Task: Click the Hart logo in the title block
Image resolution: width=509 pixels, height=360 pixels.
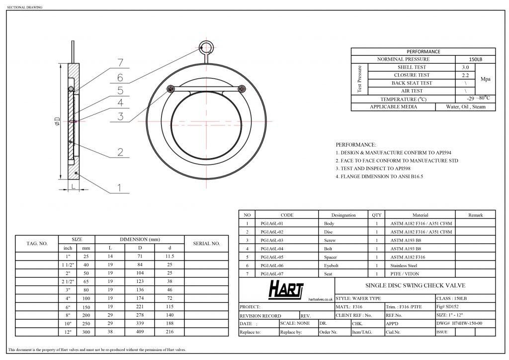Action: click(x=286, y=289)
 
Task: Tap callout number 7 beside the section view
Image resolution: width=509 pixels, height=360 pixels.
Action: click(x=120, y=62)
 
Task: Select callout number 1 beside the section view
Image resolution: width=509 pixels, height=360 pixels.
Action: click(x=119, y=187)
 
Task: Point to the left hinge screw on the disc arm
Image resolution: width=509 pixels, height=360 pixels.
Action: click(x=170, y=89)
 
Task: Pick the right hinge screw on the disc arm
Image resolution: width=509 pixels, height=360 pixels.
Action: click(x=242, y=89)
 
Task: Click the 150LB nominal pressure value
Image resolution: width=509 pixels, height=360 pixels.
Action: click(x=476, y=59)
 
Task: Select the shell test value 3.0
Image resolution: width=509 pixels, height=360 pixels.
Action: click(x=465, y=67)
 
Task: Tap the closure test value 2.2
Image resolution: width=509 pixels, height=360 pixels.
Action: click(x=465, y=75)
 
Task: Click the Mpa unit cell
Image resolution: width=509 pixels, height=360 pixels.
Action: click(x=485, y=79)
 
